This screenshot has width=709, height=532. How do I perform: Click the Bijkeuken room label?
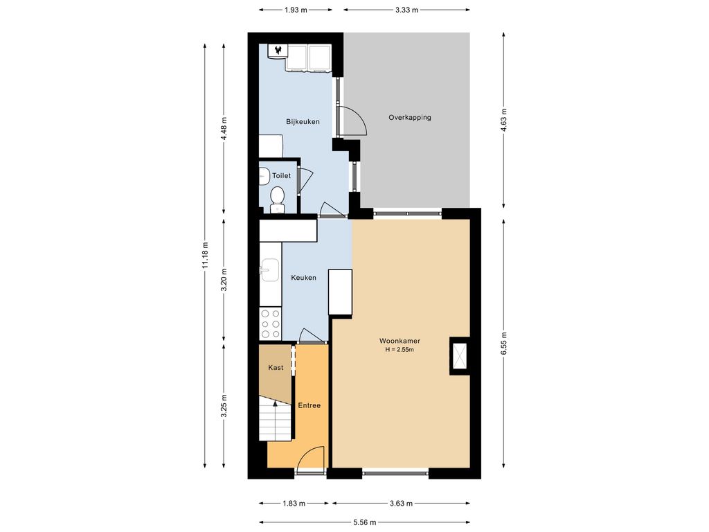pos(303,122)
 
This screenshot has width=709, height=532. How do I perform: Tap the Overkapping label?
pos(410,117)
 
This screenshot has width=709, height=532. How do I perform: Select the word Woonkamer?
pos(400,341)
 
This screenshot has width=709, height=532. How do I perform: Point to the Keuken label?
pos(303,278)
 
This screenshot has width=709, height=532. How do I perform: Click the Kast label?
pos(276,367)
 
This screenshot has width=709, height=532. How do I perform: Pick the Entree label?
pos(309,405)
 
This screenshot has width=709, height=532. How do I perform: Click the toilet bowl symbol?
pos(277,199)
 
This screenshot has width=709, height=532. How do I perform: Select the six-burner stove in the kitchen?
pos(270,323)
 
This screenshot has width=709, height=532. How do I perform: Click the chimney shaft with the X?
pos(460,355)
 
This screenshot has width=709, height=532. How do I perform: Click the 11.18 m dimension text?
pos(205,256)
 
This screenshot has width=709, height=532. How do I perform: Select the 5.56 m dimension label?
pos(364,522)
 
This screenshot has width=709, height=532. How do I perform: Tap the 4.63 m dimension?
pos(504,119)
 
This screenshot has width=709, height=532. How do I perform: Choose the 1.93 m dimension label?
pos(296,10)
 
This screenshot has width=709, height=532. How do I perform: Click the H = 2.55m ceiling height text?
pos(400,350)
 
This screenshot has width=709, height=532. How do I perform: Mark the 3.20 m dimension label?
pos(224,280)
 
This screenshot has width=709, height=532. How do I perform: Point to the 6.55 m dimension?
pos(504,344)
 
